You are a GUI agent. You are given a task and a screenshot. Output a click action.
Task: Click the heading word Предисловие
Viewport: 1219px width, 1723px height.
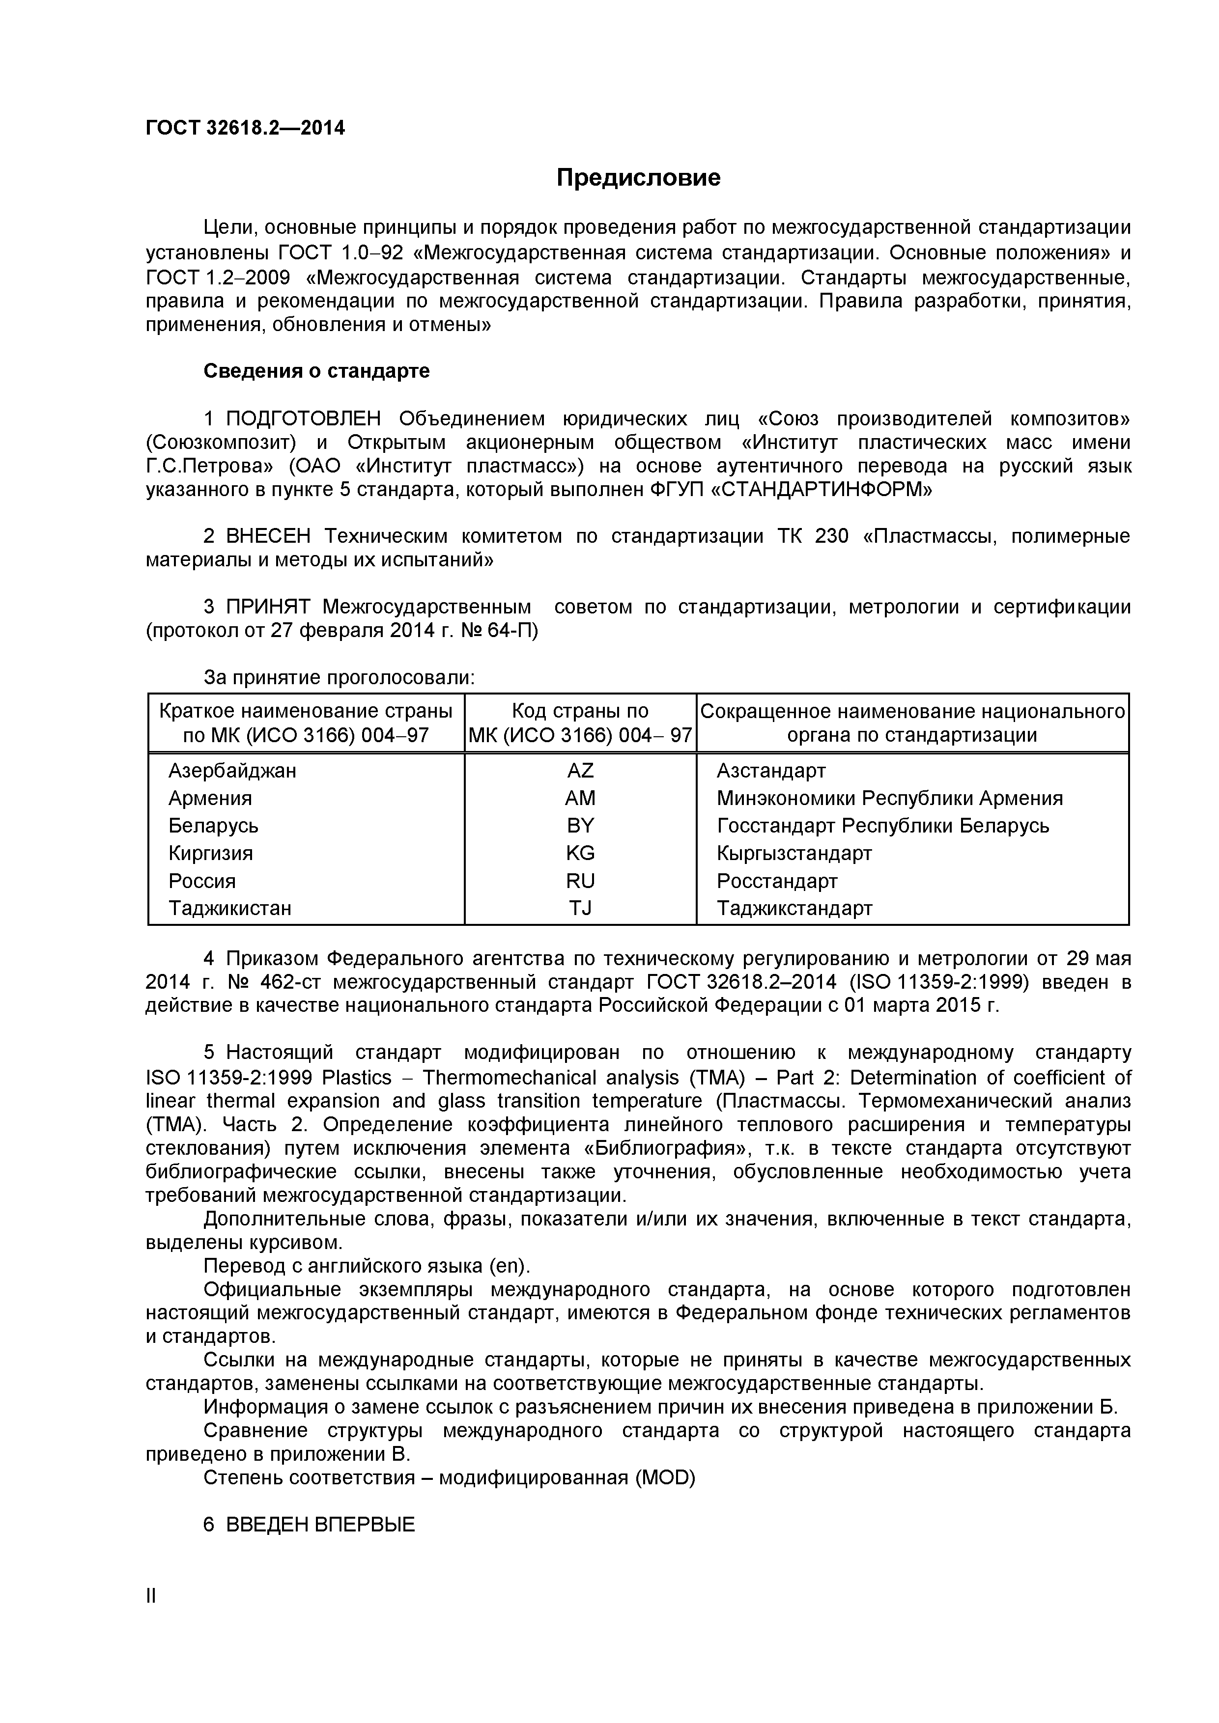click(638, 178)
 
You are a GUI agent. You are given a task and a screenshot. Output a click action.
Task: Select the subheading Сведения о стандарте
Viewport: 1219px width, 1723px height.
click(316, 371)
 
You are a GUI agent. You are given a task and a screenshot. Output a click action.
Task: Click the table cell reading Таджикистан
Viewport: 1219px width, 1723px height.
click(229, 908)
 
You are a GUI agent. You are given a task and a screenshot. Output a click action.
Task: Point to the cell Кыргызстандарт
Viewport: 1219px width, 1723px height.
click(794, 853)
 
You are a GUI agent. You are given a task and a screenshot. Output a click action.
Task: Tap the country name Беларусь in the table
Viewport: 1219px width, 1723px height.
click(213, 826)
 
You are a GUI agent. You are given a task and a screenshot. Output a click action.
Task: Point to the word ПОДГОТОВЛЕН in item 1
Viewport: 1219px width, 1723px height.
click(303, 418)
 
